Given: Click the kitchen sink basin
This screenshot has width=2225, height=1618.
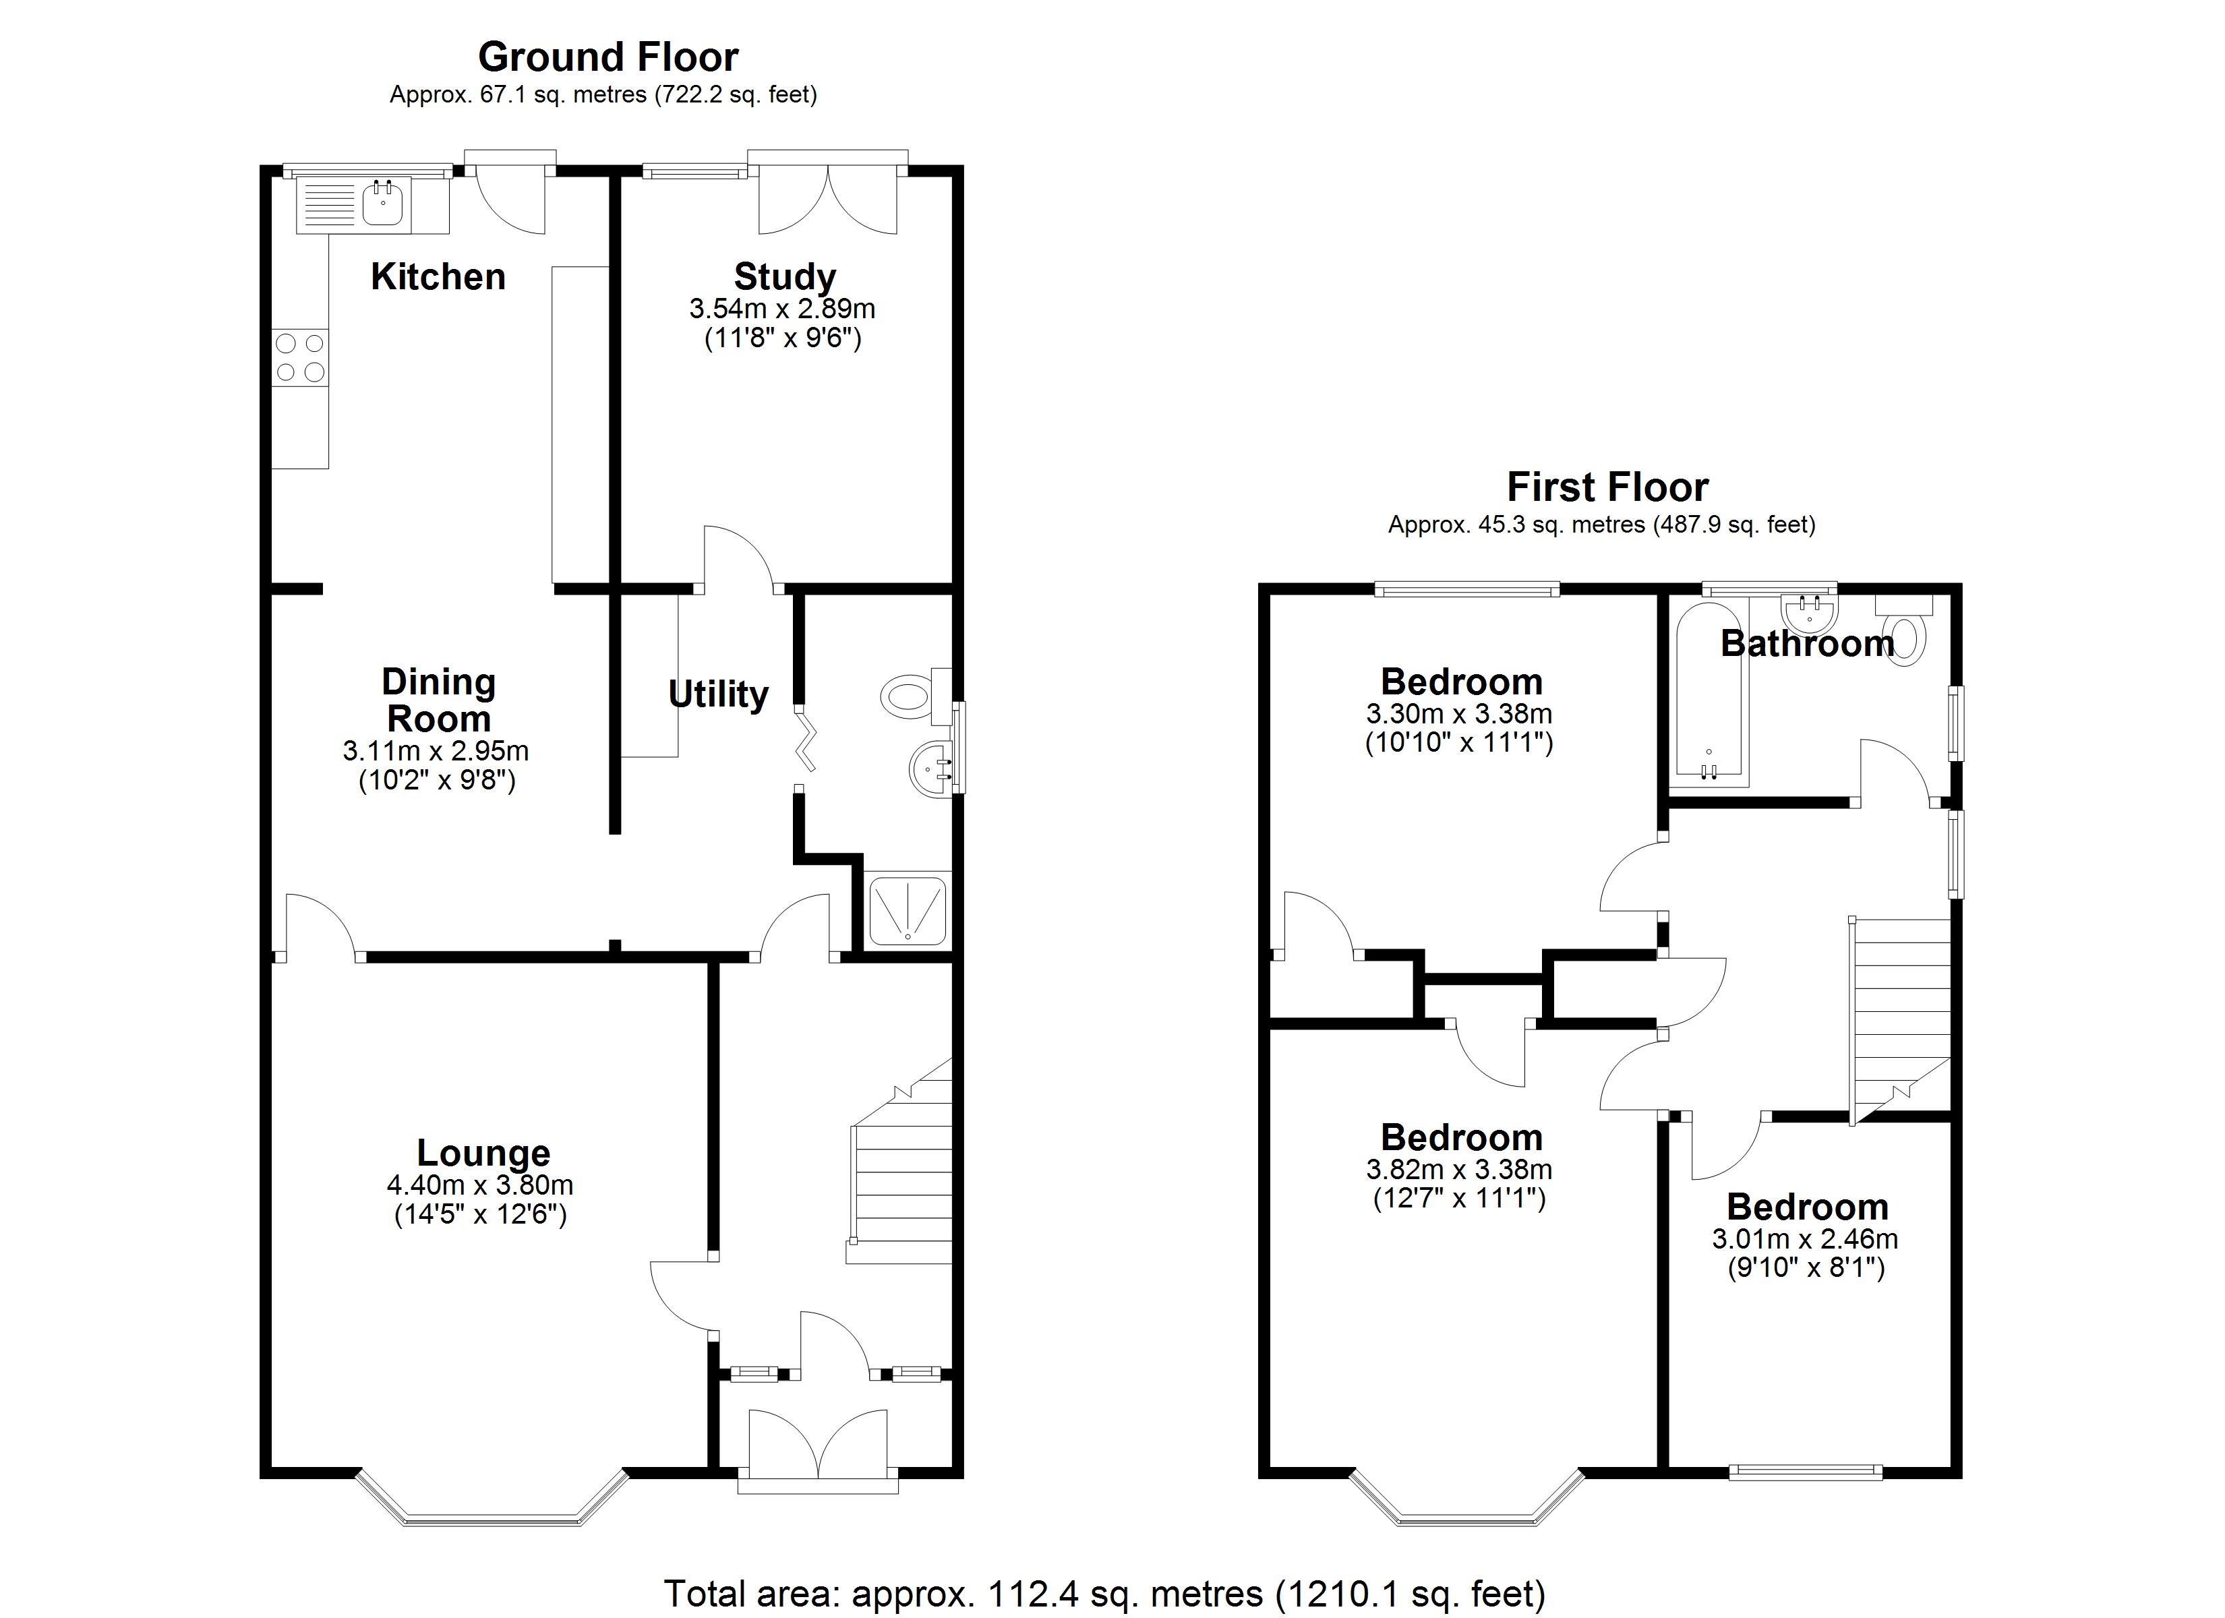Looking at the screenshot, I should point(382,205).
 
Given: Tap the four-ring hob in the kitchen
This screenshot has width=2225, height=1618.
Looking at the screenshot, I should point(300,357).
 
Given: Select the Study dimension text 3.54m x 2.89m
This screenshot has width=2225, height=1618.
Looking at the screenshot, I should point(782,309).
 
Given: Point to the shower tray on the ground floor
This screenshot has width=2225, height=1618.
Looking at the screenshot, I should point(908,909).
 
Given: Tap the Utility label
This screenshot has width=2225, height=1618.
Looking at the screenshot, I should point(718,694).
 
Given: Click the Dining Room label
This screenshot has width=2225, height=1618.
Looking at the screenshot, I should point(438,700).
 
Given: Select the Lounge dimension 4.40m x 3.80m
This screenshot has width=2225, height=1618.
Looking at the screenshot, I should point(480,1185).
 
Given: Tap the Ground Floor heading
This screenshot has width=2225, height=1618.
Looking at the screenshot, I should point(607,57).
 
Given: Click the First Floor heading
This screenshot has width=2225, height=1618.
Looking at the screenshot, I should point(1607,487).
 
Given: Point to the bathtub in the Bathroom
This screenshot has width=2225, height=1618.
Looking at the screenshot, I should point(1709,696).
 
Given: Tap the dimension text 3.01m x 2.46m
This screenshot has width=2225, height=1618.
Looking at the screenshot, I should point(1805,1239).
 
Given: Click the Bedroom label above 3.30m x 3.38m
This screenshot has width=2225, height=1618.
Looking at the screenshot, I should point(1461,682).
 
